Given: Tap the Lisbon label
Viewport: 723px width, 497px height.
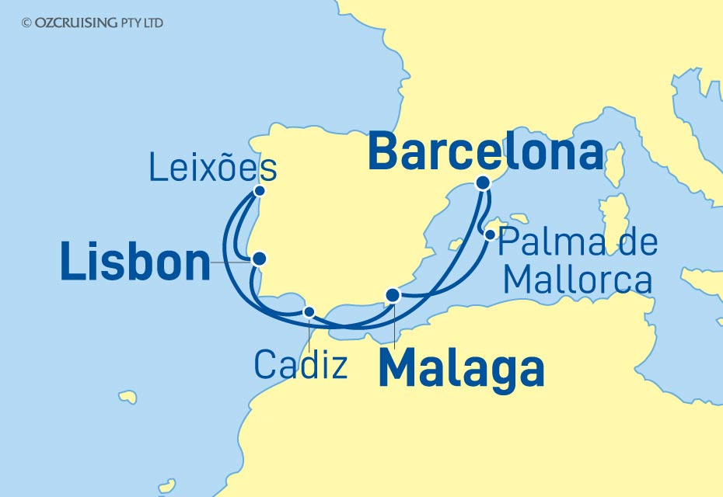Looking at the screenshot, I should tap(135, 262).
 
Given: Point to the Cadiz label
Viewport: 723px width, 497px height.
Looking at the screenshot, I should tap(301, 364).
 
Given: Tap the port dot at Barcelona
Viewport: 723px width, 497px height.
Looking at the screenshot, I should tap(484, 183).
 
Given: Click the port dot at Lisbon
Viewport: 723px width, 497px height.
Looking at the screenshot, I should tap(259, 259).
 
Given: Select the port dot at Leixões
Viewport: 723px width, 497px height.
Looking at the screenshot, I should tap(260, 191).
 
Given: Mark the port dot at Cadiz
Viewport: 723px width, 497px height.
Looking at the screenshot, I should tap(309, 312).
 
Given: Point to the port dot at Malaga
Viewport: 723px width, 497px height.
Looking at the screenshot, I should tap(393, 294).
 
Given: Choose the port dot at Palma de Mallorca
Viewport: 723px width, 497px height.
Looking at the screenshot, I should tap(491, 233).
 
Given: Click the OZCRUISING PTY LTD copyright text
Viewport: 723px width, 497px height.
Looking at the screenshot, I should tap(93, 23).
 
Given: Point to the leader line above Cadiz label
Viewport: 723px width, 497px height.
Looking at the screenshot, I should tap(309, 332).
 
